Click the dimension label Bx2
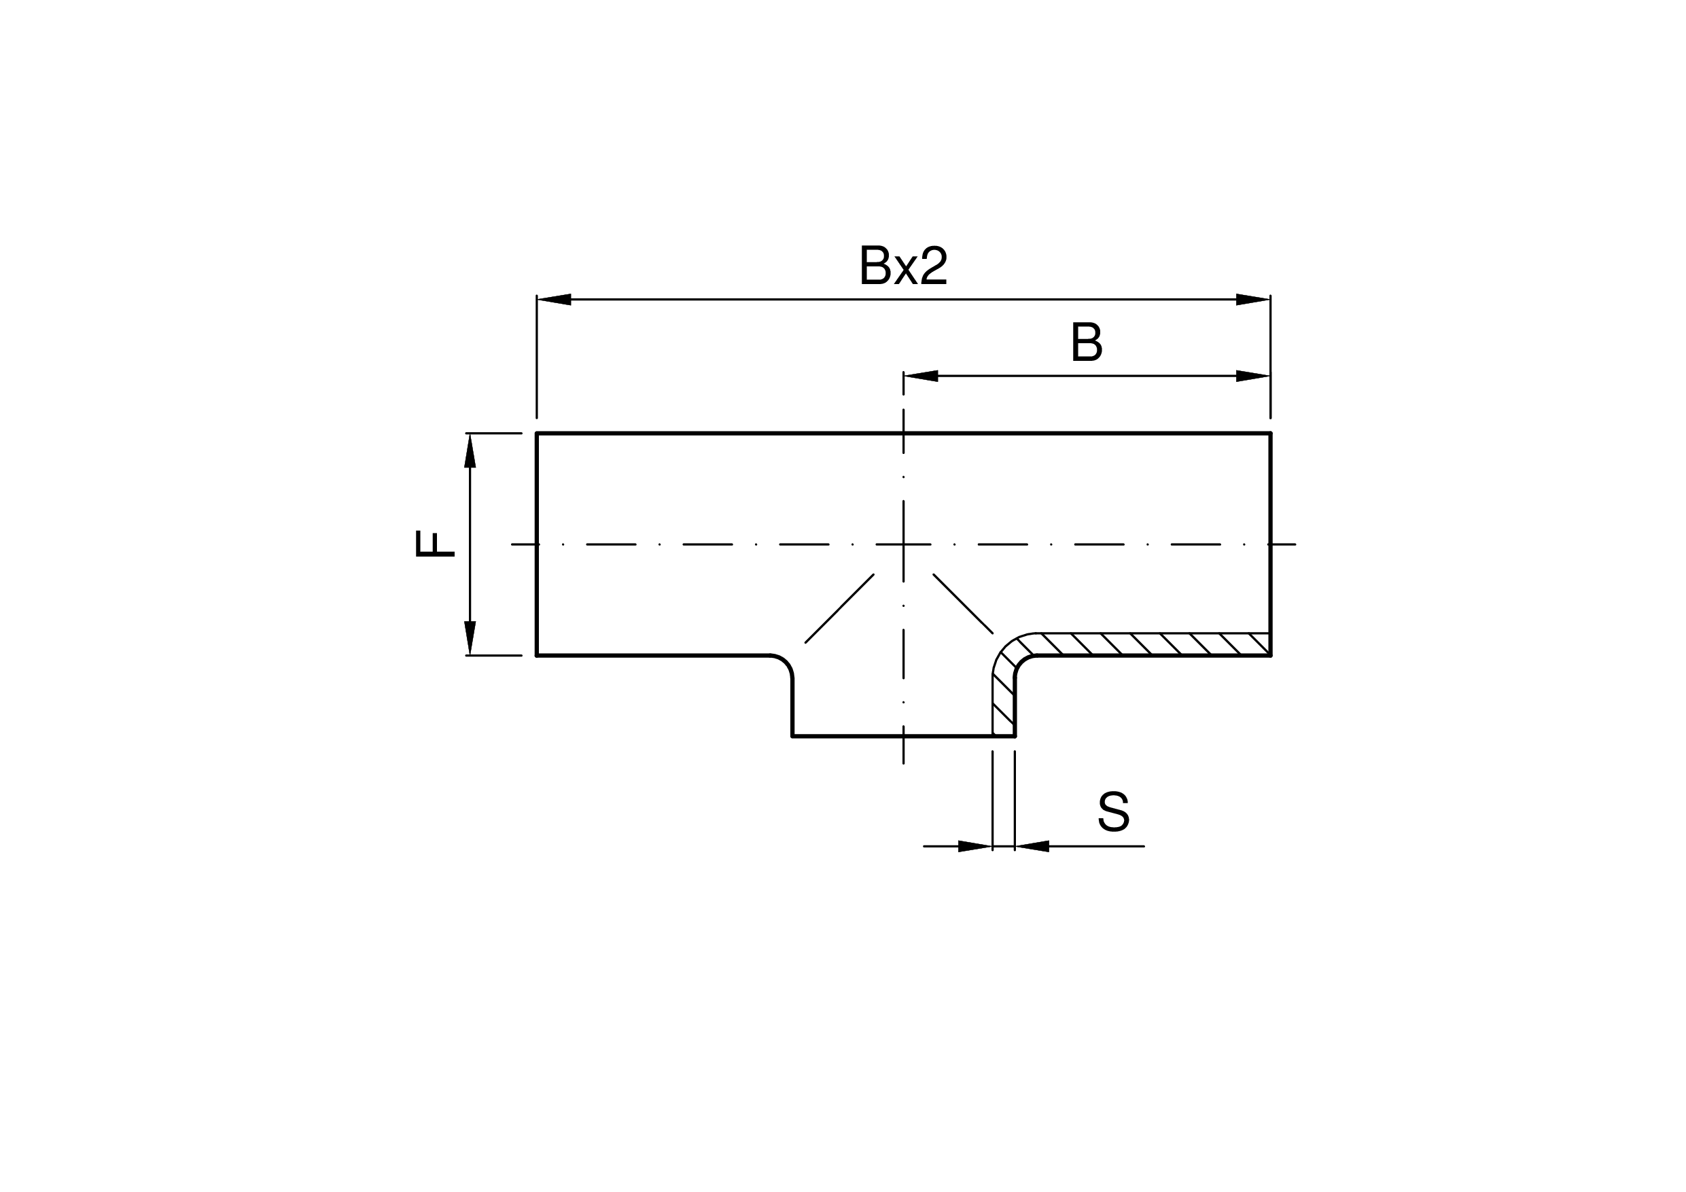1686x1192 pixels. pos(903,265)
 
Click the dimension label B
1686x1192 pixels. pos(1087,342)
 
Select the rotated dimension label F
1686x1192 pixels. pos(435,544)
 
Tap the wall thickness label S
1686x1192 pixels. pos(1113,811)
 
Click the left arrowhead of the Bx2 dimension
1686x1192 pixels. pos(555,300)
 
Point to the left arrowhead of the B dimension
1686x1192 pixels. pos(921,376)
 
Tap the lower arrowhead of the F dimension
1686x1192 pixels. pos(470,637)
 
